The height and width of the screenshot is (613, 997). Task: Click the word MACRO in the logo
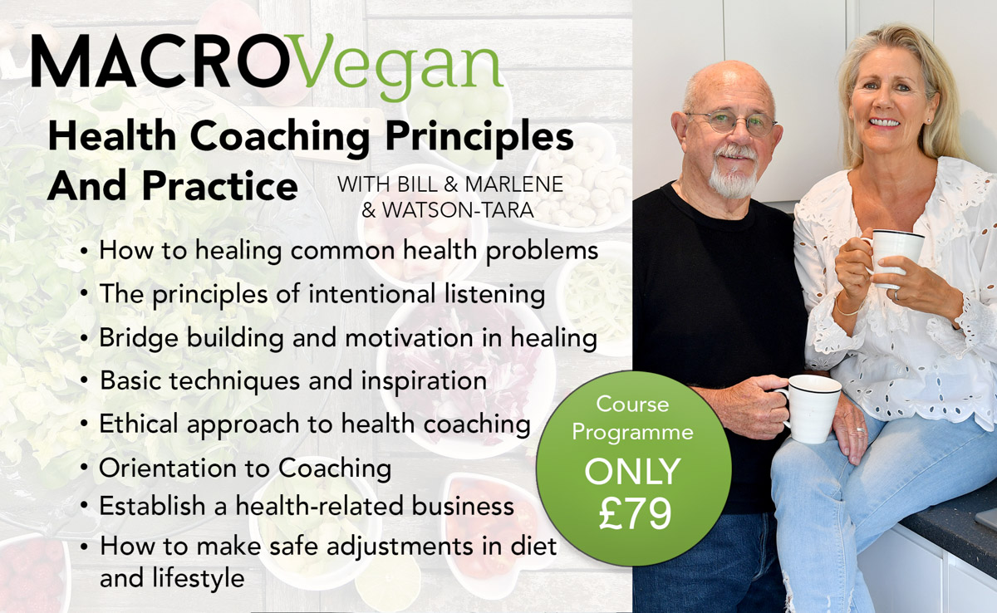[160, 61]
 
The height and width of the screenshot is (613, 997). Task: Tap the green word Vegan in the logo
[398, 67]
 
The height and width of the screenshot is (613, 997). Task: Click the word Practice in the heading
[220, 185]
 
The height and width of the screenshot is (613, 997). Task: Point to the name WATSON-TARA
[458, 210]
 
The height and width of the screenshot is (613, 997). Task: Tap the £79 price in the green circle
[635, 514]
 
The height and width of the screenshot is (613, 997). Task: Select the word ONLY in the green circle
[632, 472]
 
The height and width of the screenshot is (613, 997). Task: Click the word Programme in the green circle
[632, 433]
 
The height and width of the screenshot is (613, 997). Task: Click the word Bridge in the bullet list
[139, 338]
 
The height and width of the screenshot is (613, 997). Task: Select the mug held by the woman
[895, 255]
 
